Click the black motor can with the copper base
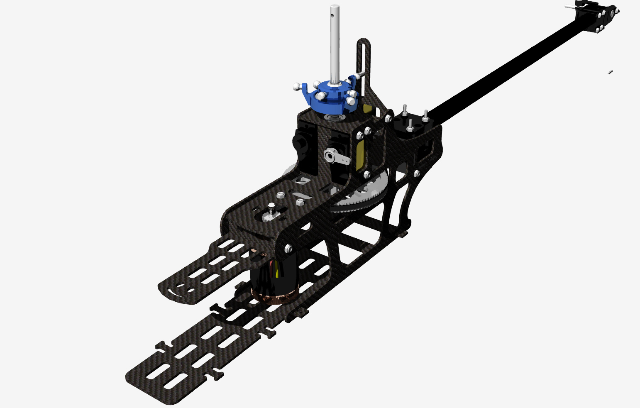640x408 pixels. click(274, 278)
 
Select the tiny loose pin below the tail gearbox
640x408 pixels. click(610, 72)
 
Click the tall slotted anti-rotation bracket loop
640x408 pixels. click(364, 62)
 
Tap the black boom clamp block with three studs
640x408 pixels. click(413, 122)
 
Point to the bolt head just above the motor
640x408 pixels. click(287, 249)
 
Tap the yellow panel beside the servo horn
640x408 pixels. click(360, 155)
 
